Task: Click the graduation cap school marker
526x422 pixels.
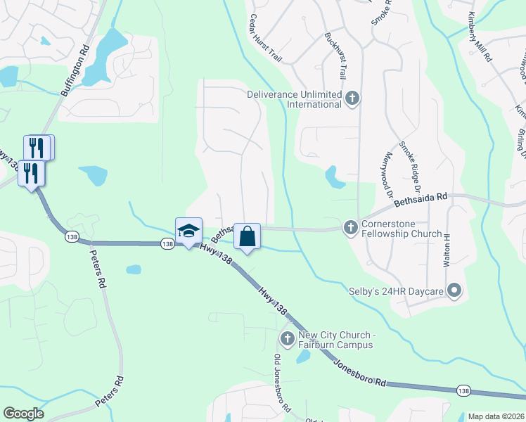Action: (188, 231)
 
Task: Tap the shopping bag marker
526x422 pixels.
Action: (248, 236)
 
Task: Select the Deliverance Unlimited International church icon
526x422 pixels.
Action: (352, 99)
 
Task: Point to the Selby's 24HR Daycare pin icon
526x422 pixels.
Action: (454, 290)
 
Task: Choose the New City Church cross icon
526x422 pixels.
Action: (287, 339)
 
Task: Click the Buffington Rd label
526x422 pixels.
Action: (76, 70)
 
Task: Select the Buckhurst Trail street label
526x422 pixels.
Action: (337, 54)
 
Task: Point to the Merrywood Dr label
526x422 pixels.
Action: (384, 173)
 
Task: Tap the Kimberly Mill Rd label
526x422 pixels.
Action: (480, 37)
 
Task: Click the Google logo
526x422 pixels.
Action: (23, 414)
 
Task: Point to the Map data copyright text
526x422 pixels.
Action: (496, 416)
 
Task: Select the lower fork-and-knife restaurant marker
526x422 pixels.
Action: (31, 174)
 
